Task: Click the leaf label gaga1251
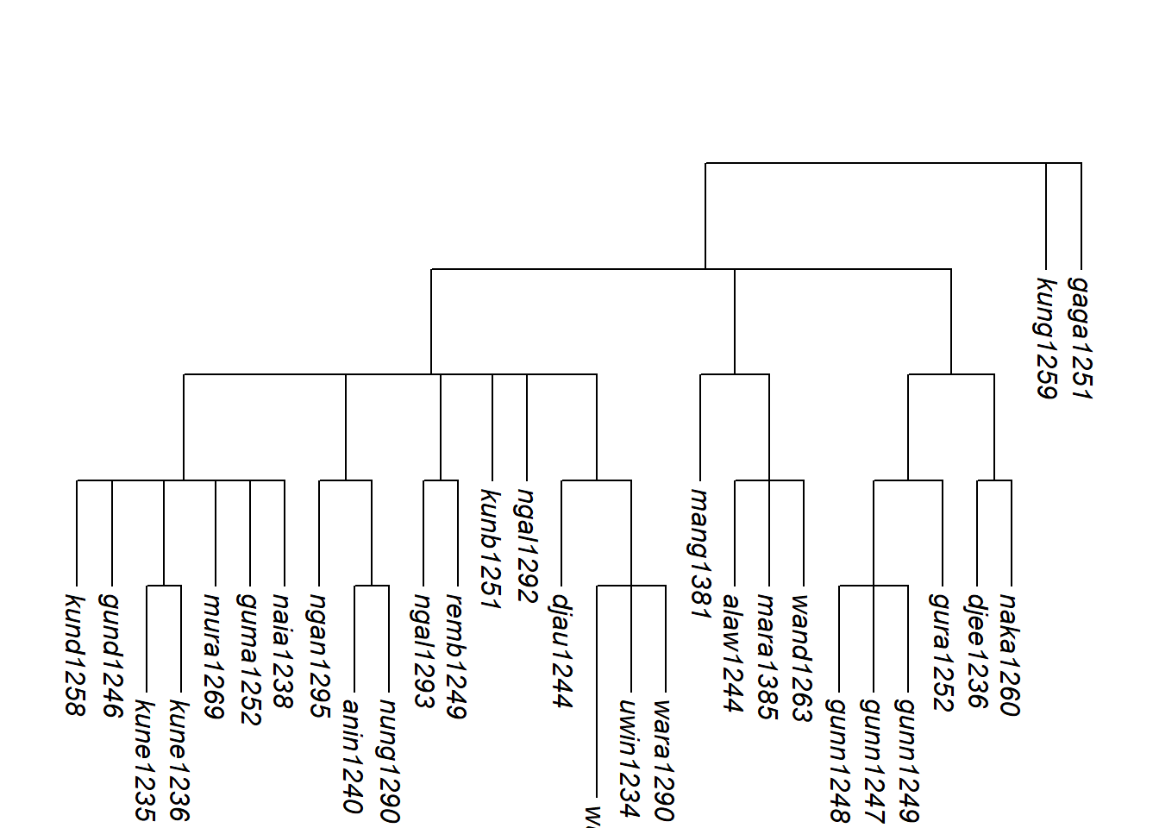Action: (1080, 337)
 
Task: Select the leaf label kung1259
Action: (1045, 337)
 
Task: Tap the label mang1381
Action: (699, 553)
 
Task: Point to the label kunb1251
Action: (491, 549)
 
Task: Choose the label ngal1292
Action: (526, 545)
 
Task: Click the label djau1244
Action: (561, 650)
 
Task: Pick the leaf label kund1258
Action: (76, 655)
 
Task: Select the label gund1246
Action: (110, 655)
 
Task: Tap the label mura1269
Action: (214, 655)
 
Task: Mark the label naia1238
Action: (283, 650)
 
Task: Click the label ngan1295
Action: (318, 655)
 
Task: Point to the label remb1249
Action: (456, 655)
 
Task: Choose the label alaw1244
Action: (733, 653)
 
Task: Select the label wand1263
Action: (802, 657)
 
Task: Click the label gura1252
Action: (941, 651)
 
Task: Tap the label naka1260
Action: (1010, 655)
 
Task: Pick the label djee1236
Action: (975, 650)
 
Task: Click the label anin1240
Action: (353, 756)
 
